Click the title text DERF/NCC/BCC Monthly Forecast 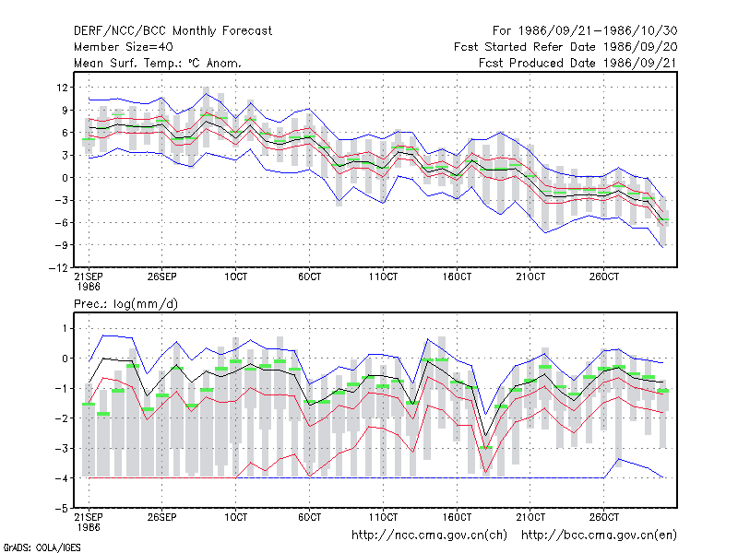point(173,31)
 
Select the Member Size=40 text point(124,47)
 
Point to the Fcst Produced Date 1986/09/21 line point(577,63)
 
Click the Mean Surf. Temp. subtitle point(157,63)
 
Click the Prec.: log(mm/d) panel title point(125,304)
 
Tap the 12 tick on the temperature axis point(62,88)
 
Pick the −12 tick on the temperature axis point(58,268)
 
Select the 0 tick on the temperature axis point(65,178)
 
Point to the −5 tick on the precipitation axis point(62,509)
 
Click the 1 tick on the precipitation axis point(65,328)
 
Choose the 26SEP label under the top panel point(162,276)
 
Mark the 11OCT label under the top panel point(383,276)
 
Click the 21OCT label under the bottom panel point(530,517)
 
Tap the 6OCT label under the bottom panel point(309,517)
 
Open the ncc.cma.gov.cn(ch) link point(429,535)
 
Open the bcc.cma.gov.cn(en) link point(599,535)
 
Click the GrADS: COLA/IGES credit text point(42,547)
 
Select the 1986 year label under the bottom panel point(89,527)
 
